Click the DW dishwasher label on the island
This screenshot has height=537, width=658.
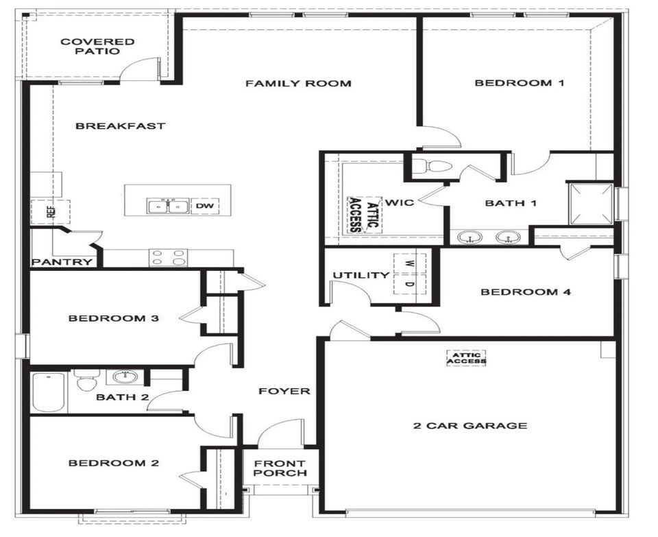205,206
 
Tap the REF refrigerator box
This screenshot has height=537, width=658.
51,212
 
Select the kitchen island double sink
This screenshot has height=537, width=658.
167,206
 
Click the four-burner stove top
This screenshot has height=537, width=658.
169,257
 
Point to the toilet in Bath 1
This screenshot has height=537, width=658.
432,166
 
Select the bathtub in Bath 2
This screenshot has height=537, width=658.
49,393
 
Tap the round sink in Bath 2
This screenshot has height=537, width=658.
125,377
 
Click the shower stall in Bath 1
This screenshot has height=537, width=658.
590,204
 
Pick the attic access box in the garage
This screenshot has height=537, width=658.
466,358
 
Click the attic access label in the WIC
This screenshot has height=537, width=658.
364,214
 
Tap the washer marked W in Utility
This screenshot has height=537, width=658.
409,263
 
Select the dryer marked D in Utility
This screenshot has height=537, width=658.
409,284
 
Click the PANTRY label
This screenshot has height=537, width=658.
62,262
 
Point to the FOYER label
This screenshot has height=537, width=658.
284,392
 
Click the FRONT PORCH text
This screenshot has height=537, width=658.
280,468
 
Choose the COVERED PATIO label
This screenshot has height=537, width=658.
97,46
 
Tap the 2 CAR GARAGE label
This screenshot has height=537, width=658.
470,425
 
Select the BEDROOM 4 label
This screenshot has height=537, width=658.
526,291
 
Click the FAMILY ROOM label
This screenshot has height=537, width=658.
298,84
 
